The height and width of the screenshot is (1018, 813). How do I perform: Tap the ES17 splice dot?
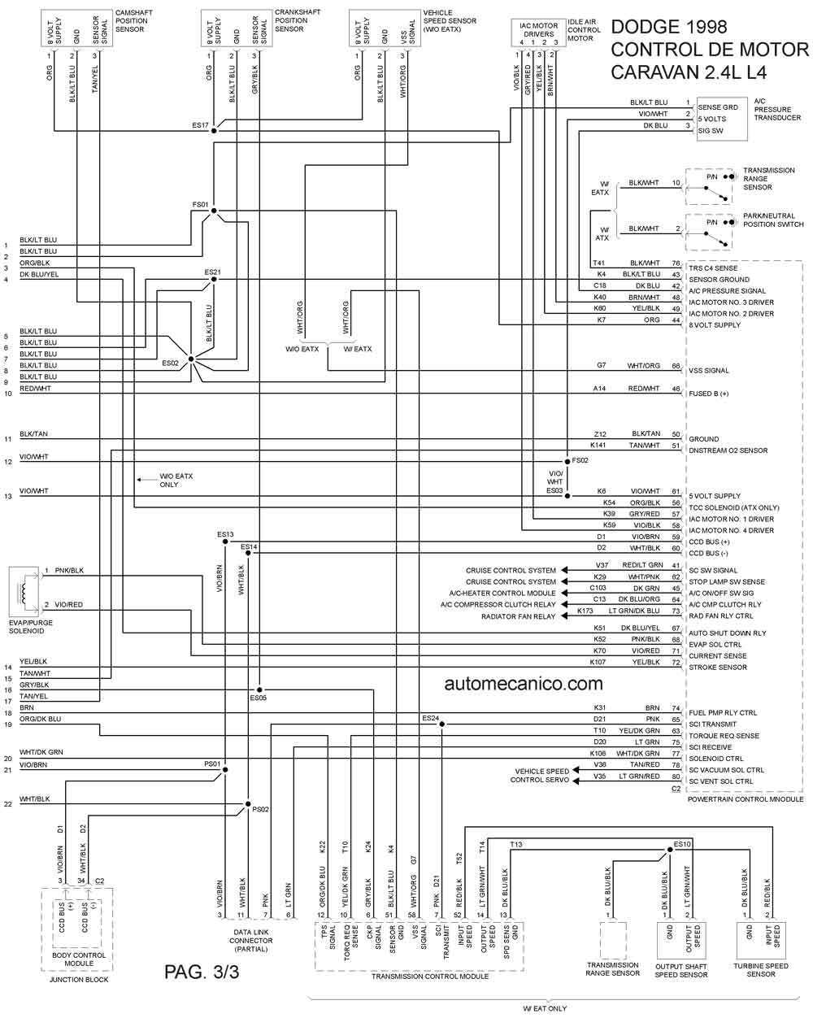214,131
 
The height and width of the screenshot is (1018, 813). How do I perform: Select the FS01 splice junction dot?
214,211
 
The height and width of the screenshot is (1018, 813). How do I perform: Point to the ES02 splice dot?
191,359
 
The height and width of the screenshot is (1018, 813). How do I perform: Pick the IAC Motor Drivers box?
538,33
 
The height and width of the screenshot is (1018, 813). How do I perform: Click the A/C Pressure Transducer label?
777,109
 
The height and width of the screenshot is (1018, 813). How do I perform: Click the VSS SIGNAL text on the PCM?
708,371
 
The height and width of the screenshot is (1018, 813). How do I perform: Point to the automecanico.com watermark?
524,684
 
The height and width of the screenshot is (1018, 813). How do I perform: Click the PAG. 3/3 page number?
202,972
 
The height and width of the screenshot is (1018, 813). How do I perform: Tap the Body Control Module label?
79,959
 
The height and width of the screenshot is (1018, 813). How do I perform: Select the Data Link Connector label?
251,941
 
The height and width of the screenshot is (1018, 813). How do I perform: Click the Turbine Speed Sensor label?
761,970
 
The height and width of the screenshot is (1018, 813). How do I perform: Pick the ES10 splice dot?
670,850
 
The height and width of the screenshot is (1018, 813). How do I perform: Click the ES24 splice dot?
442,724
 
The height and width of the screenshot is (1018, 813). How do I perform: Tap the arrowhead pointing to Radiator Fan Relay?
564,616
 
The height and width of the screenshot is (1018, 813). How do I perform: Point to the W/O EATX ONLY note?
176,481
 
